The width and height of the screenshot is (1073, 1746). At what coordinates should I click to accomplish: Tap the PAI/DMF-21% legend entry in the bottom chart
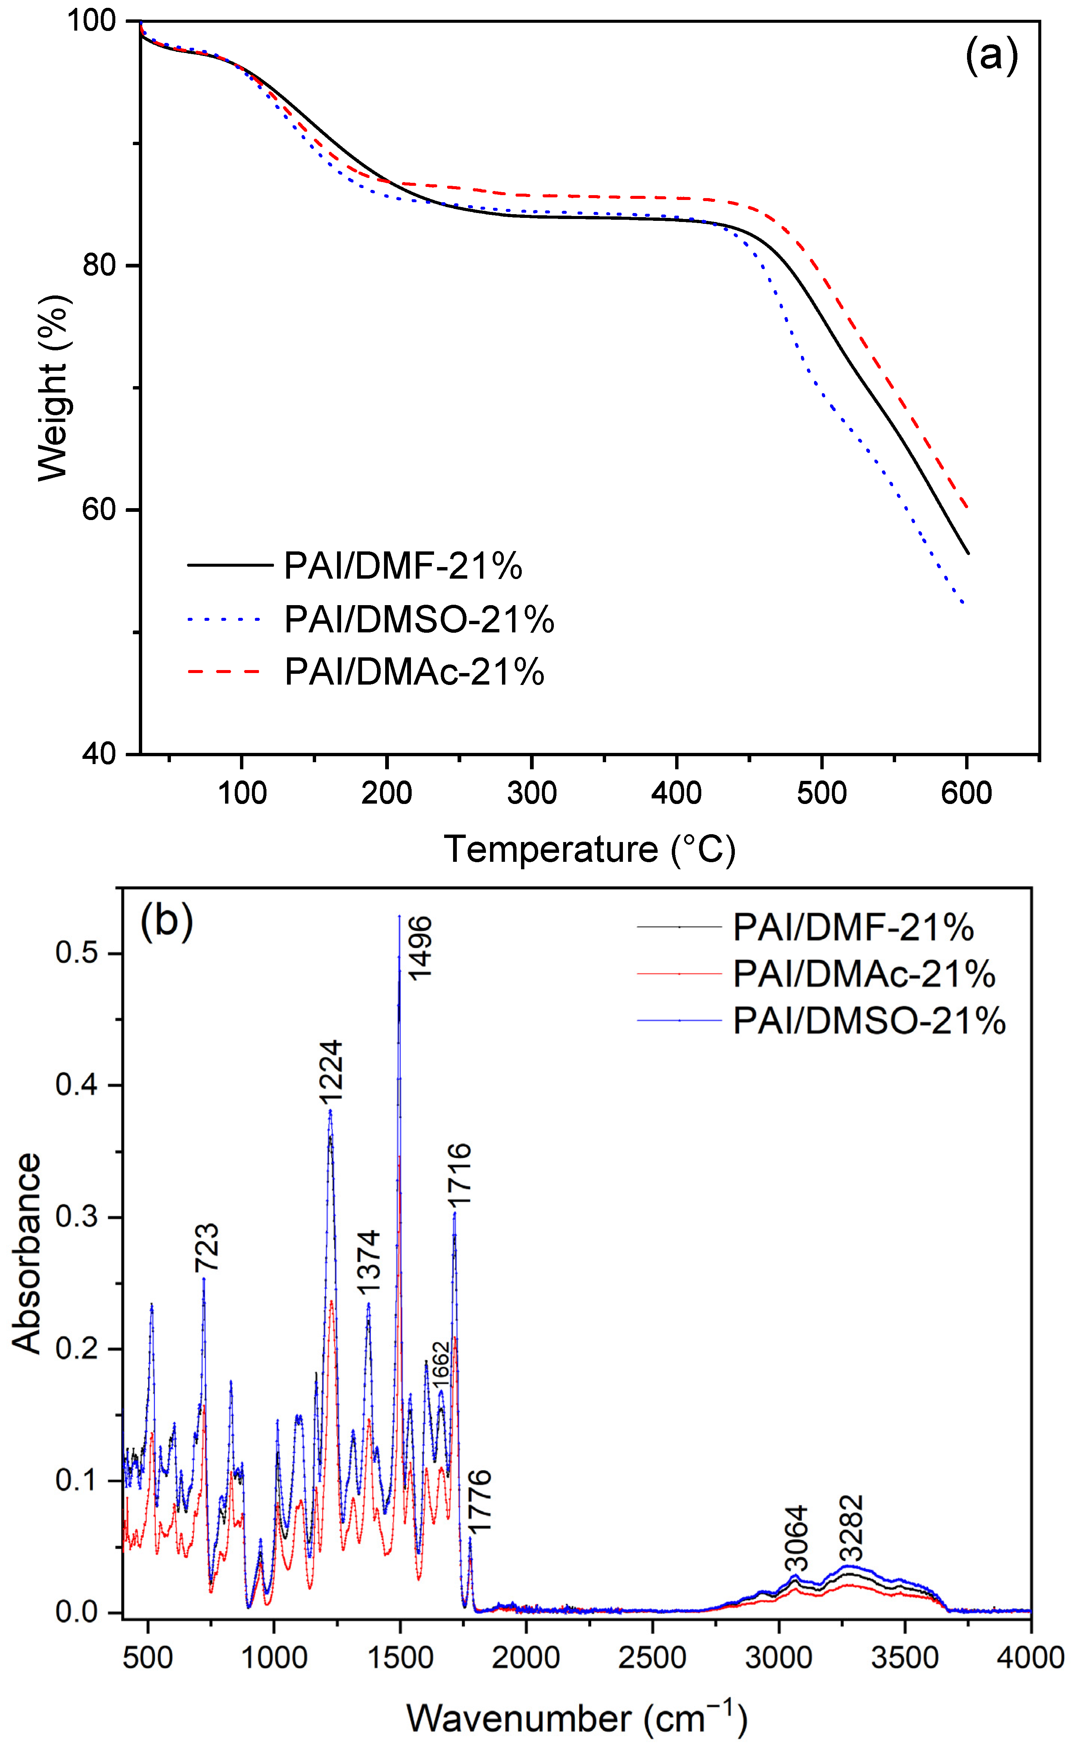(x=853, y=927)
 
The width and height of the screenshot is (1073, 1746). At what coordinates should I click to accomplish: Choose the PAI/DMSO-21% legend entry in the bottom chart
(x=868, y=1021)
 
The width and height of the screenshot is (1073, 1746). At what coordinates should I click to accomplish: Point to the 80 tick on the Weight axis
(x=99, y=265)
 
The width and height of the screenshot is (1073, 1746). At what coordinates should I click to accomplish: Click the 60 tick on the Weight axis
(x=99, y=509)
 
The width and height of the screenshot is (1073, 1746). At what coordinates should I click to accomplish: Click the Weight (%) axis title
(x=54, y=388)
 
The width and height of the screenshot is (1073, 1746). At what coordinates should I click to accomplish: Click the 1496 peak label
(x=419, y=948)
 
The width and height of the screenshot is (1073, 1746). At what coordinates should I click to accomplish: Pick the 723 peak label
(x=206, y=1248)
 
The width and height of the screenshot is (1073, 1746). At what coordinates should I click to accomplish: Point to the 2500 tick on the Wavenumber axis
(x=652, y=1658)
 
